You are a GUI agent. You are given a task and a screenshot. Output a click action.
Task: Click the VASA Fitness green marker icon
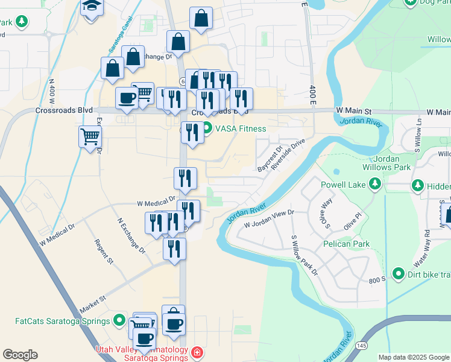pos(207,128)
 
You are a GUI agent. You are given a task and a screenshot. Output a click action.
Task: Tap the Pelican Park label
pos(345,244)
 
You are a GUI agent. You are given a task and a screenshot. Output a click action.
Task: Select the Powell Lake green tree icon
pos(375,183)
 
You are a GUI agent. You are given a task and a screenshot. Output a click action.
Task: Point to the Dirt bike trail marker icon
pos(397,275)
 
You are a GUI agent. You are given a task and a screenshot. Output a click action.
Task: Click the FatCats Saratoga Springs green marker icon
pos(119,320)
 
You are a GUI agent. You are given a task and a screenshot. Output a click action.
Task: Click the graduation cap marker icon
pos(92,7)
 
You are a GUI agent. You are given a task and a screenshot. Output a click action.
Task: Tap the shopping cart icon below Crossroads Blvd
pos(90,136)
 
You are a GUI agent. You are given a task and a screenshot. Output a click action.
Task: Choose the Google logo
pos(20,355)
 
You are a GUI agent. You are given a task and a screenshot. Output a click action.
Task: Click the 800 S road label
pos(378,279)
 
